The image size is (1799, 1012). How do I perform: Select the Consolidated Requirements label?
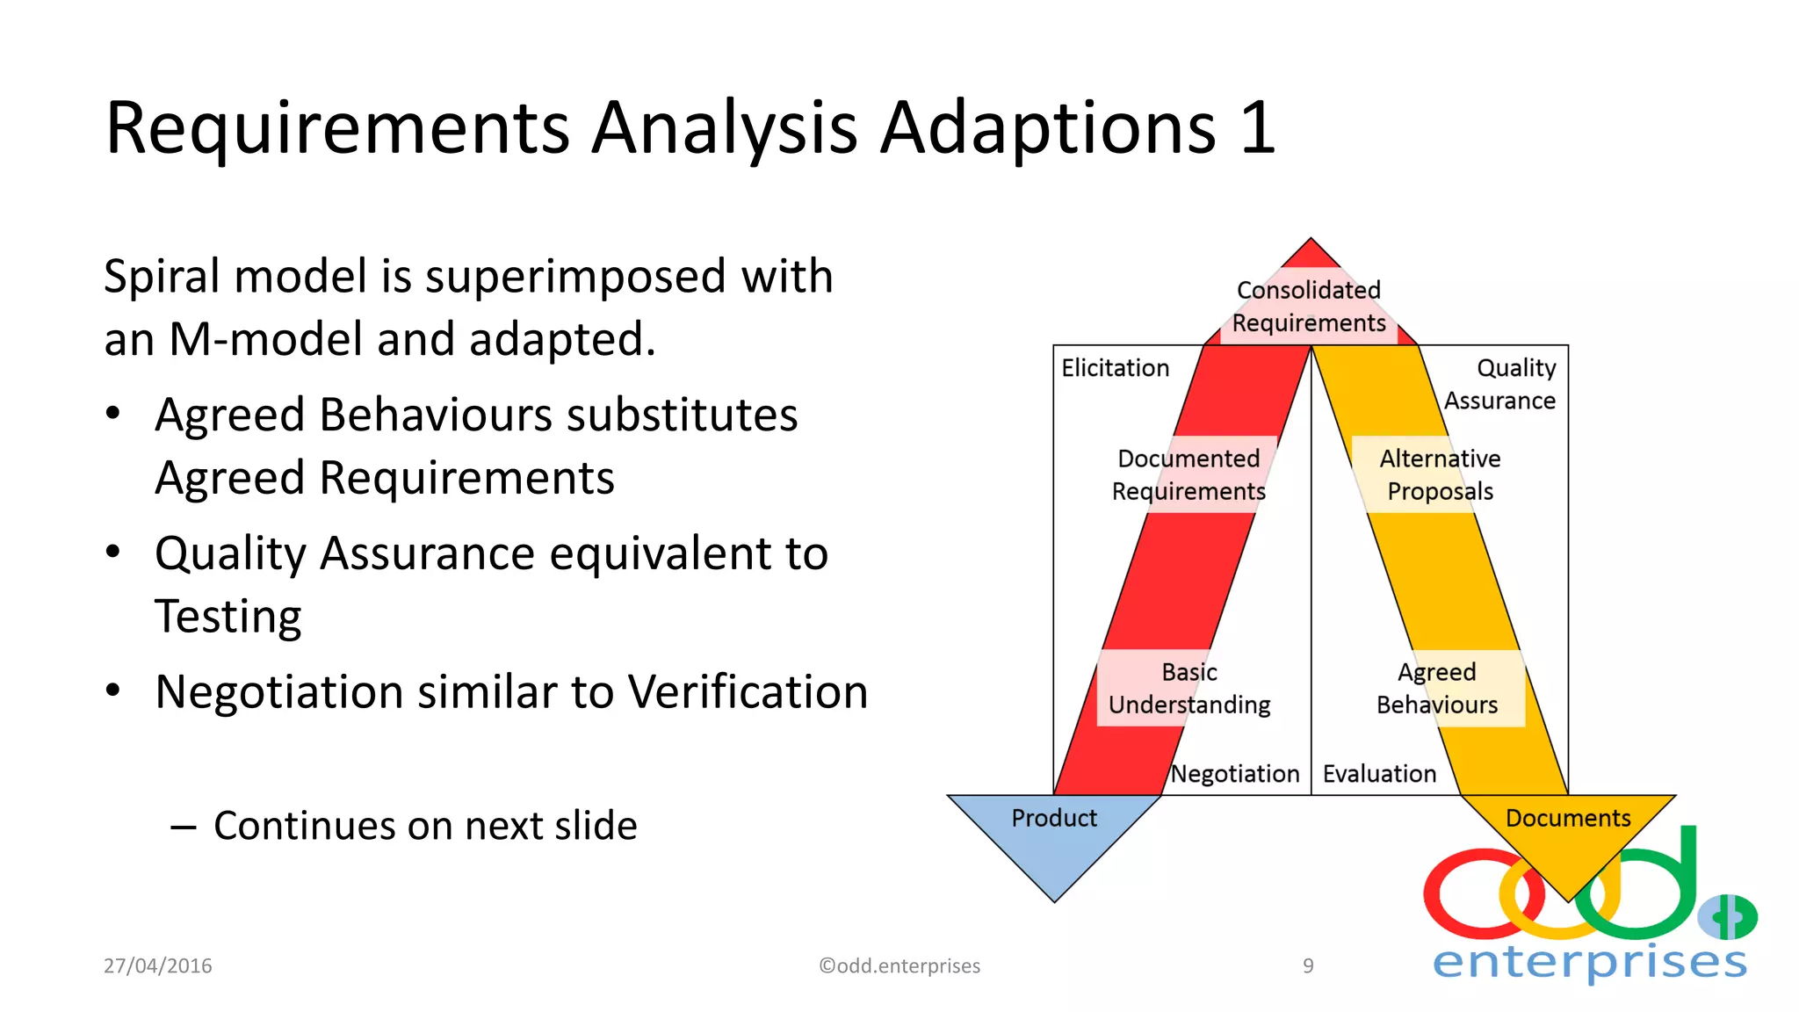[x=1309, y=307]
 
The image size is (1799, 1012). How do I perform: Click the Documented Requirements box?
[x=1188, y=474]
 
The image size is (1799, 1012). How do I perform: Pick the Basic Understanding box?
[x=1189, y=688]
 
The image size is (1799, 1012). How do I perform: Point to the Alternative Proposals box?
[x=1440, y=474]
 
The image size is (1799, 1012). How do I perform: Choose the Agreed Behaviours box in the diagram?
[x=1437, y=688]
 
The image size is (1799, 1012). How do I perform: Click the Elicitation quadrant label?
[x=1115, y=368]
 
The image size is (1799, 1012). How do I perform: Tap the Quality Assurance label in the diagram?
[x=1500, y=384]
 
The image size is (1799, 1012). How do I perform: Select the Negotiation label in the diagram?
[x=1235, y=774]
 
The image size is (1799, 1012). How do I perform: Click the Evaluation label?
[x=1379, y=774]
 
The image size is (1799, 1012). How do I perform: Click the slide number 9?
[x=1308, y=965]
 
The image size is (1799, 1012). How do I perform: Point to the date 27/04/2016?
[x=158, y=965]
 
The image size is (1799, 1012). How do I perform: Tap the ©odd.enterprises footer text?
[x=899, y=965]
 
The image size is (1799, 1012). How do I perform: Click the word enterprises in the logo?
[x=1590, y=962]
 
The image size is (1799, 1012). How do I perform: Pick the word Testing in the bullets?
[x=228, y=616]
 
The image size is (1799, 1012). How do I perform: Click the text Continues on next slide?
[x=425, y=826]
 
